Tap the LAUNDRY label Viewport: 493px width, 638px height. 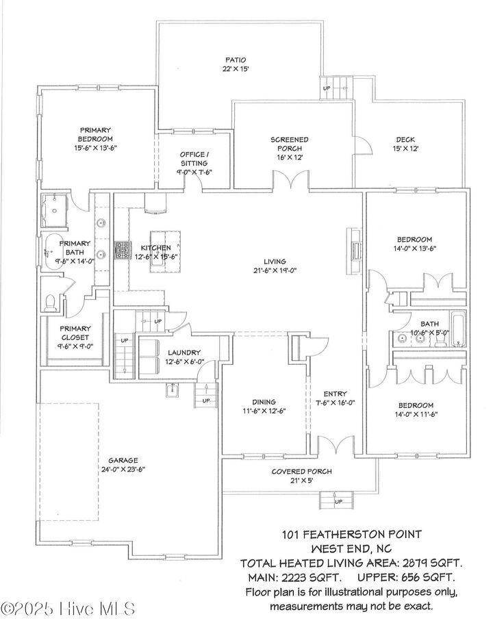(181, 353)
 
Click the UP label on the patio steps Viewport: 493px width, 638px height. (327, 88)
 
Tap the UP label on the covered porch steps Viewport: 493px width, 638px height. (338, 502)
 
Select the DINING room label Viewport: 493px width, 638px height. (264, 402)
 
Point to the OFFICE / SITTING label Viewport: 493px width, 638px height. (194, 158)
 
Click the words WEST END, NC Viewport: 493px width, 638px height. (351, 549)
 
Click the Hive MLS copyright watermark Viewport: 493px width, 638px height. (68, 608)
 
